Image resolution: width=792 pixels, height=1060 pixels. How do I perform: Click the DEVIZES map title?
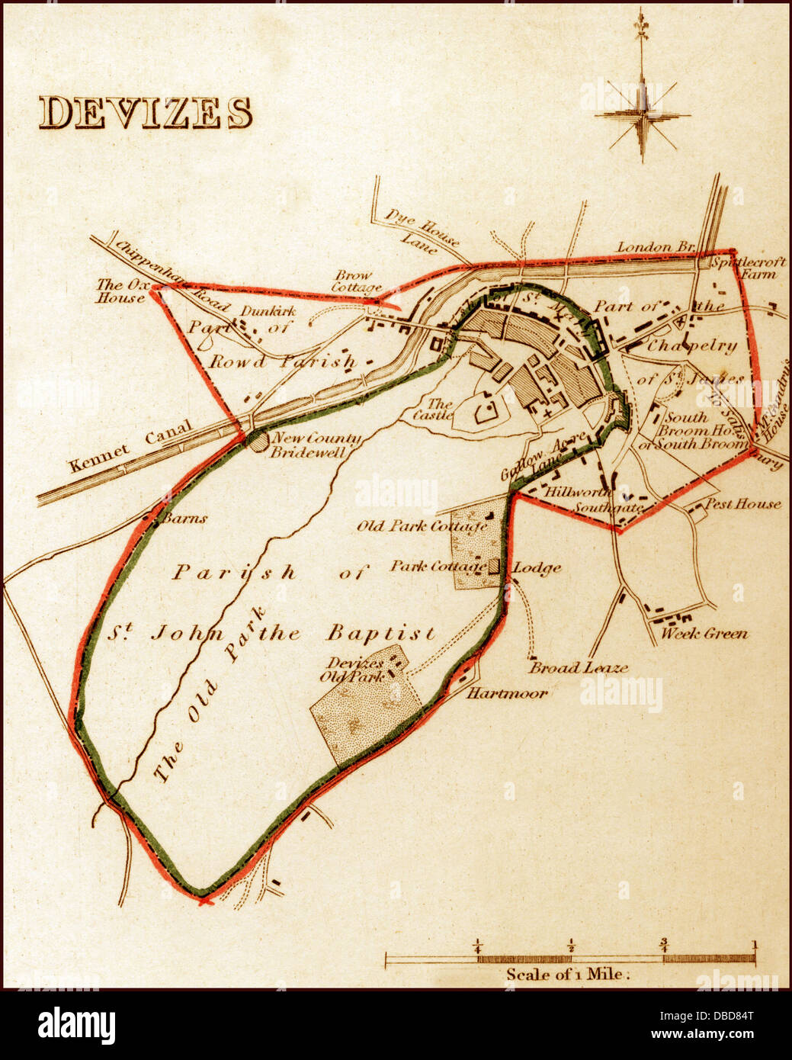pyautogui.click(x=145, y=113)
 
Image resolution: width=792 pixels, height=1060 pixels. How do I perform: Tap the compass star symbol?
pyautogui.click(x=643, y=116)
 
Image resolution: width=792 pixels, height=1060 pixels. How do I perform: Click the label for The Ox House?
pyautogui.click(x=120, y=291)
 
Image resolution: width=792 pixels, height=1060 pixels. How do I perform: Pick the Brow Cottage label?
pyautogui.click(x=355, y=281)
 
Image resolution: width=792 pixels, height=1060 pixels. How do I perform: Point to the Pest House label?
pyautogui.click(x=742, y=503)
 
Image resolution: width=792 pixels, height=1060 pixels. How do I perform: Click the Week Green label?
pyautogui.click(x=704, y=633)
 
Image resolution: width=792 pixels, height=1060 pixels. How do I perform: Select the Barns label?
pyautogui.click(x=183, y=519)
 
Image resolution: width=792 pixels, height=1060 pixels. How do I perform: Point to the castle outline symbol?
pyautogui.click(x=485, y=412)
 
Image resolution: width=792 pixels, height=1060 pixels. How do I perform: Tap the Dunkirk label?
pyautogui.click(x=268, y=311)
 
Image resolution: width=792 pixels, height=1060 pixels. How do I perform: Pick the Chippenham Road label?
pyautogui.click(x=172, y=276)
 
